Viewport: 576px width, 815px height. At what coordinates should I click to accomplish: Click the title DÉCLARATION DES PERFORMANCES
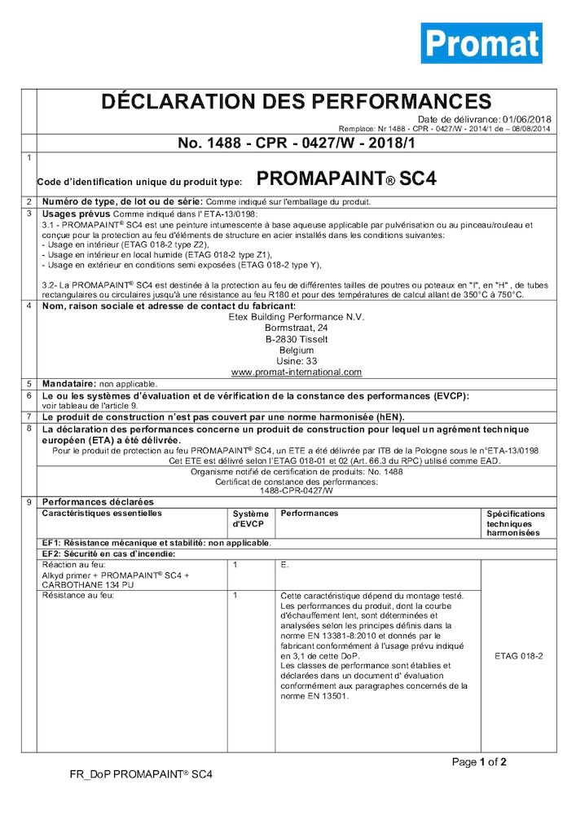[x=296, y=102]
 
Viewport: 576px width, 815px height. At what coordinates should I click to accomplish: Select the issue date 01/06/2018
[x=527, y=119]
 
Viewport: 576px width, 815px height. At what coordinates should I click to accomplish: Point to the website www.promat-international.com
[x=296, y=372]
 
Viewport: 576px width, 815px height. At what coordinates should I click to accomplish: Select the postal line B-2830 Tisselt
[x=296, y=338]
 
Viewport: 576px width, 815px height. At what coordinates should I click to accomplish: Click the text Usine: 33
[x=296, y=360]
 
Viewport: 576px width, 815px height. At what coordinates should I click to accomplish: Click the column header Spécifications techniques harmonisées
[x=516, y=523]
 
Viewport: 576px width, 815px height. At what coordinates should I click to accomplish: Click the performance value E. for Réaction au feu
[x=284, y=564]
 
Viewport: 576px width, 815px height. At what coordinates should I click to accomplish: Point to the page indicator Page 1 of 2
[x=479, y=763]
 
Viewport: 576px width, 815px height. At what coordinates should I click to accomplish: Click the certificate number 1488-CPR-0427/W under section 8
[x=296, y=491]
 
